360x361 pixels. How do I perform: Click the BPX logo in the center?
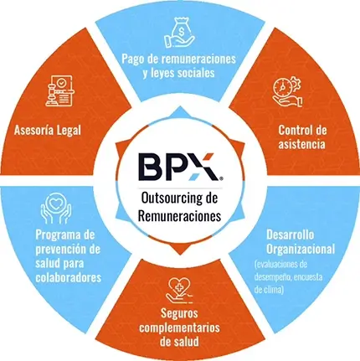coord(180,167)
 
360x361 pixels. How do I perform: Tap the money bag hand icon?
coord(178,33)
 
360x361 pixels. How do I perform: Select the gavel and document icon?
coord(59,91)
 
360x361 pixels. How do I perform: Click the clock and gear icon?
coord(287,92)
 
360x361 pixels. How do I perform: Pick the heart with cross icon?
coord(180,291)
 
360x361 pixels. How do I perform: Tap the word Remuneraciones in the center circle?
coord(180,216)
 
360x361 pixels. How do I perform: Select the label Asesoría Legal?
coord(48,130)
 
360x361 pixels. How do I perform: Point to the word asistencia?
coord(301,144)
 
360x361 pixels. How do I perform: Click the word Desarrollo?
coord(290,235)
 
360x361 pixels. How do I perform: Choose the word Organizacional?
coord(301,249)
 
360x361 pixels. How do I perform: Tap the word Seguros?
coord(179,313)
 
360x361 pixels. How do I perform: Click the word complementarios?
coord(179,327)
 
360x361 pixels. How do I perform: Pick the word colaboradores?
coord(68,278)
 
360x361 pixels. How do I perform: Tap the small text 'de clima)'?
coord(270,290)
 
